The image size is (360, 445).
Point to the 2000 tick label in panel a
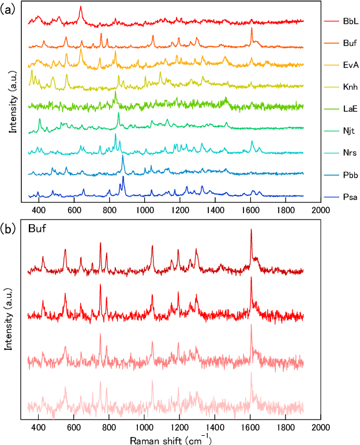(x=320, y=211)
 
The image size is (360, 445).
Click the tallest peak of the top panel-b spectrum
(x=251, y=230)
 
